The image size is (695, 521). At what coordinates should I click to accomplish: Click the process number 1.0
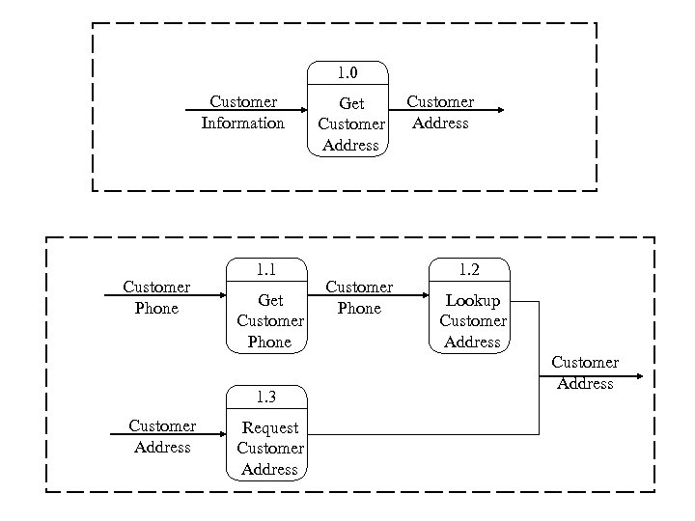(x=347, y=72)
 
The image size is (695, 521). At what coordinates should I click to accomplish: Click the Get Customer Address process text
(x=350, y=124)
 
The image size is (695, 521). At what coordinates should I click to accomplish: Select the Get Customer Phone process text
(x=270, y=321)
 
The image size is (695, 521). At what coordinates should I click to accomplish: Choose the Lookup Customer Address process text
(x=472, y=321)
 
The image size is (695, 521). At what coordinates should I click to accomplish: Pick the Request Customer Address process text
(x=270, y=449)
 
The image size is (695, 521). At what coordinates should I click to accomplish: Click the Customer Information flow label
(x=242, y=112)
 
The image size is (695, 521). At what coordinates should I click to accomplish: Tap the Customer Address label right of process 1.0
(x=439, y=112)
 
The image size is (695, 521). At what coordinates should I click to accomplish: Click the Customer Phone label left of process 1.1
(x=156, y=297)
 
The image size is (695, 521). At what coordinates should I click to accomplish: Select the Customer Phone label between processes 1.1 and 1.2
(x=359, y=297)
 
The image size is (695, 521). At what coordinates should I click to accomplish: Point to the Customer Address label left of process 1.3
(x=162, y=436)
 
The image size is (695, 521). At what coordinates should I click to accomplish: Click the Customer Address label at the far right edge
(x=585, y=372)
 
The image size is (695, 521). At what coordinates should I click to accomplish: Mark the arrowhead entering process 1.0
(x=302, y=111)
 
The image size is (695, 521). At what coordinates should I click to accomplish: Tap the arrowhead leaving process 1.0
(x=499, y=111)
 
